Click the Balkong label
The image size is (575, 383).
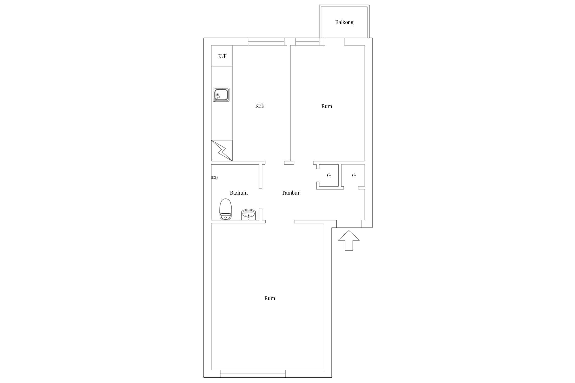344,22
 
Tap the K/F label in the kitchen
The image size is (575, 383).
222,56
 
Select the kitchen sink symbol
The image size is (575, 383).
221,95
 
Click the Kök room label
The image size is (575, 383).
260,106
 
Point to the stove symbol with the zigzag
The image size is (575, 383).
222,151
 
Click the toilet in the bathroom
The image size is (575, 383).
226,209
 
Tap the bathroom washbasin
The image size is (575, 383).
248,214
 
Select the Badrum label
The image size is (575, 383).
239,193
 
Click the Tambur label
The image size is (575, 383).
291,193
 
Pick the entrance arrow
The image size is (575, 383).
349,240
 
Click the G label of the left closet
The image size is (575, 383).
329,175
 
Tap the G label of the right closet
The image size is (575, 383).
354,175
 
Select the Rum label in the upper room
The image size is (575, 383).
327,106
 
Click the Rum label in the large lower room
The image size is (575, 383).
270,298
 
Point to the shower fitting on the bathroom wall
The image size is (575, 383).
214,178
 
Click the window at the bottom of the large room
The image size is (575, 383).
253,374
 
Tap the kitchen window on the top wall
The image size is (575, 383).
266,42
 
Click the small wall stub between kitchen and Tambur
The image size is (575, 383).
289,163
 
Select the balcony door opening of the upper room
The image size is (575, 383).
335,42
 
